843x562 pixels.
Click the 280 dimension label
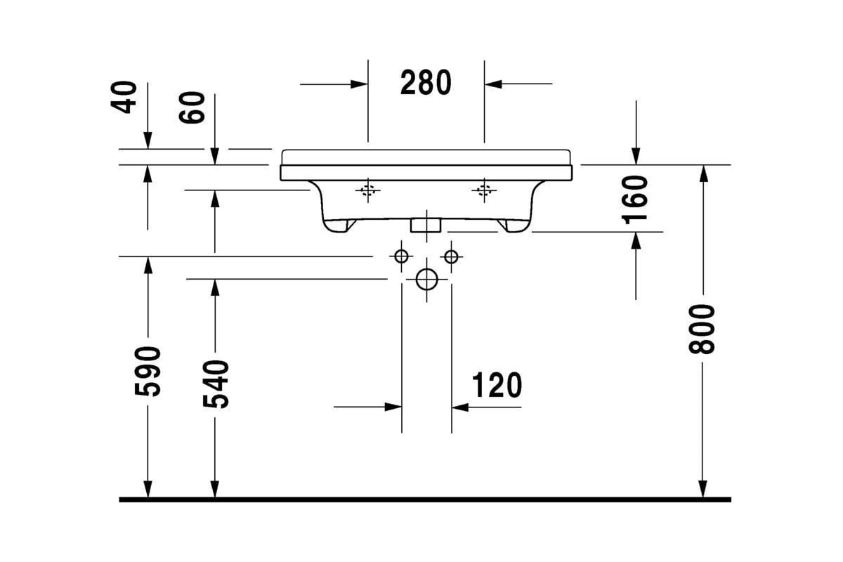[x=426, y=82]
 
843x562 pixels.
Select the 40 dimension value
[x=124, y=97]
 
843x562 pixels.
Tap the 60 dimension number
[x=192, y=107]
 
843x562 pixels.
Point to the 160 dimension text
[x=634, y=200]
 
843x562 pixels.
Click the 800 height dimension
[x=702, y=329]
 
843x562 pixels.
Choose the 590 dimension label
[x=147, y=371]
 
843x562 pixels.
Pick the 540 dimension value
[x=216, y=384]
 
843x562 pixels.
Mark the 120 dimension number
[x=497, y=385]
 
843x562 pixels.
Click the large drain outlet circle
[x=427, y=280]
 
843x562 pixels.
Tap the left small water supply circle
[x=402, y=256]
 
